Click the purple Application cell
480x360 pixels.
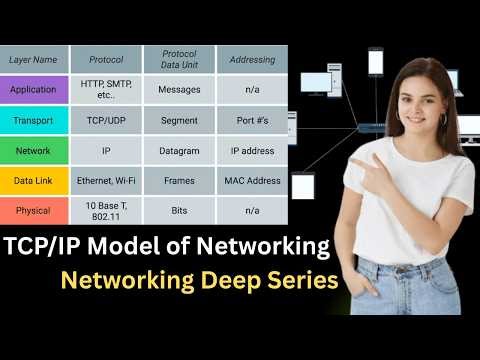tap(34, 89)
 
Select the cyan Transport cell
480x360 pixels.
tap(34, 120)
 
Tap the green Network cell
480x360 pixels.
tap(34, 151)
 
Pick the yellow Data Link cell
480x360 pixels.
tap(34, 181)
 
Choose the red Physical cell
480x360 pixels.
tap(34, 211)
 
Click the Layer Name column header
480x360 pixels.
tap(34, 60)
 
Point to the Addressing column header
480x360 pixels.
tap(252, 60)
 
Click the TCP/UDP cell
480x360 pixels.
tap(106, 120)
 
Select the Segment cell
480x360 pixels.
tap(179, 120)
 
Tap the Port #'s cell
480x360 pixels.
tap(252, 120)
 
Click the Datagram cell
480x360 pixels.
tap(179, 151)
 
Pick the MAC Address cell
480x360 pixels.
tap(252, 181)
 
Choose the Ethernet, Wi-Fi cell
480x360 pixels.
tap(106, 181)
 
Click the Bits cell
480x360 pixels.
tap(179, 211)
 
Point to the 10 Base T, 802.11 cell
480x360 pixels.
tap(106, 211)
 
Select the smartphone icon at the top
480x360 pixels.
tap(376, 62)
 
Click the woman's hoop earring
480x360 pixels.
tap(443, 119)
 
